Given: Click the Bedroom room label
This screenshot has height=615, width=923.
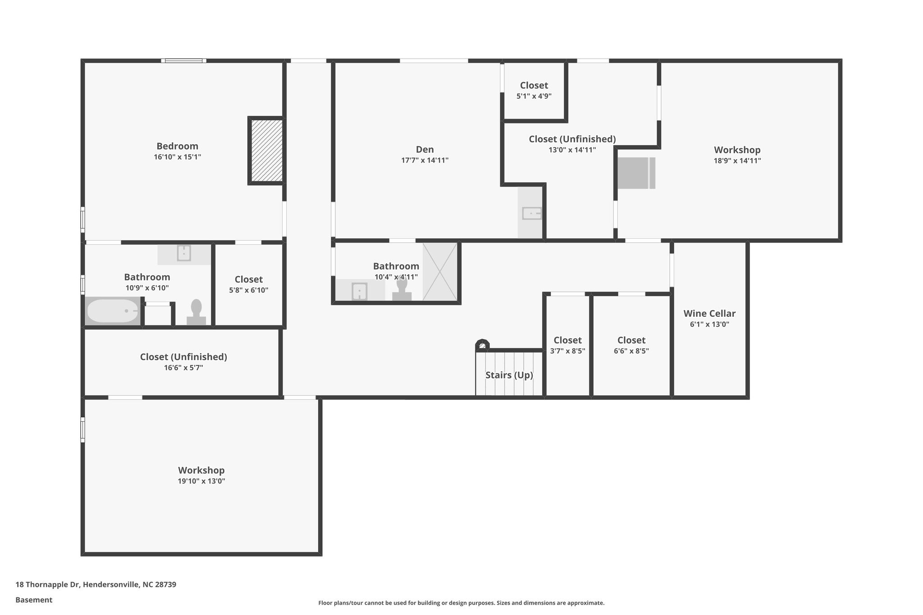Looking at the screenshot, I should pos(177,146).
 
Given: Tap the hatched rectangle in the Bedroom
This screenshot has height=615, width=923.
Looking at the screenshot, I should pos(266,150).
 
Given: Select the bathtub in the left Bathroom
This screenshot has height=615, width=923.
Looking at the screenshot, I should pos(113,311).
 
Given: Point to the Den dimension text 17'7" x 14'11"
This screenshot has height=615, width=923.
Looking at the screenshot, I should pos(425,160).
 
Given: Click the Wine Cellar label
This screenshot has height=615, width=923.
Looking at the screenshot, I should pos(709,314).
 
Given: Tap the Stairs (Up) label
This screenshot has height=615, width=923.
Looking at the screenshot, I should pos(509,375).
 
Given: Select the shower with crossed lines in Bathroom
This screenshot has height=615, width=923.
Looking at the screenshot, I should pos(439,272).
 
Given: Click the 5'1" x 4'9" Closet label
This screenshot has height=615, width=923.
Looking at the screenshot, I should pos(534,86).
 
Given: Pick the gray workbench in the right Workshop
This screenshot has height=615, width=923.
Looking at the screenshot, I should pos(636,173).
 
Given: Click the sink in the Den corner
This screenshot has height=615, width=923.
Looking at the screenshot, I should pos(531,213).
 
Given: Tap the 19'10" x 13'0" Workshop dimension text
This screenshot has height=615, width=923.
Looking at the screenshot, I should pos(201,481).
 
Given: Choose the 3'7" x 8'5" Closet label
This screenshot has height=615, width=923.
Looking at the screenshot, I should pos(567,341).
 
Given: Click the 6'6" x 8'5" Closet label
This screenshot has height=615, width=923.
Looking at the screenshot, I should pos(631,341).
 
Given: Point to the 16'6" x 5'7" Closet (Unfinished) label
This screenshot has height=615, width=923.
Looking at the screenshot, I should pos(183,357).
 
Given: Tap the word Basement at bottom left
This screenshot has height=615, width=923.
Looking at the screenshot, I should pos(34,600).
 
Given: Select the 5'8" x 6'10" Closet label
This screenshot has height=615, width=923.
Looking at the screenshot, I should pos(248,279).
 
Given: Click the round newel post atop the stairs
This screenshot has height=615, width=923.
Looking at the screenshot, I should pos(482,345).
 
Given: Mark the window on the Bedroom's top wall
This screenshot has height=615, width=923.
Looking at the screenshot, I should pos(184,60).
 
